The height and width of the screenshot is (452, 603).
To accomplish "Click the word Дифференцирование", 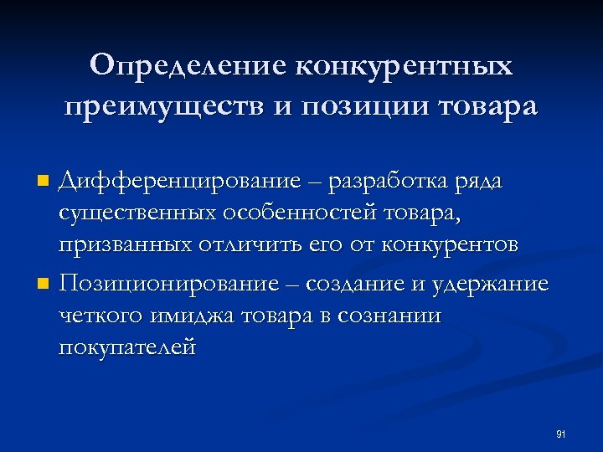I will [179, 181].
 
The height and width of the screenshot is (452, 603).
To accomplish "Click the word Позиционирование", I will [167, 285].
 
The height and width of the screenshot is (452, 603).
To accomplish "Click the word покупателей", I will [127, 347].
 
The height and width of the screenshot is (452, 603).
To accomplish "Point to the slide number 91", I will [561, 434].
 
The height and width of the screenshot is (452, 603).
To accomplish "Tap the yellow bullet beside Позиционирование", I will [45, 285].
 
